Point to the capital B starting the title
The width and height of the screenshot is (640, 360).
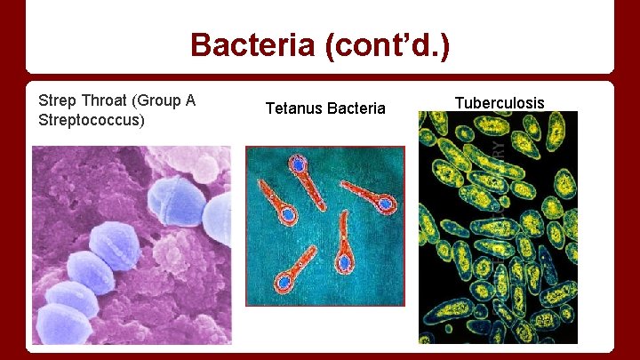(x=201, y=44)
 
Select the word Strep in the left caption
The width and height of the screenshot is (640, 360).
(x=56, y=100)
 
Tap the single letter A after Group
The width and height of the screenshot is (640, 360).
(x=189, y=100)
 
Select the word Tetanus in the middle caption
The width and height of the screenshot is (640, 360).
(x=294, y=108)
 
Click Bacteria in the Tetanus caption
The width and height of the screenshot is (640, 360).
(x=356, y=108)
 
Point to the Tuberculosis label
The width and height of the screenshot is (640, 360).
(x=500, y=102)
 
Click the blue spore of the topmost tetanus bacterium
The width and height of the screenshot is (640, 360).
(x=298, y=164)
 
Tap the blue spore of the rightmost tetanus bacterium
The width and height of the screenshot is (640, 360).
(x=385, y=204)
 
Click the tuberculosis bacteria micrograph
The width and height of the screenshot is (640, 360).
(x=498, y=228)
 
